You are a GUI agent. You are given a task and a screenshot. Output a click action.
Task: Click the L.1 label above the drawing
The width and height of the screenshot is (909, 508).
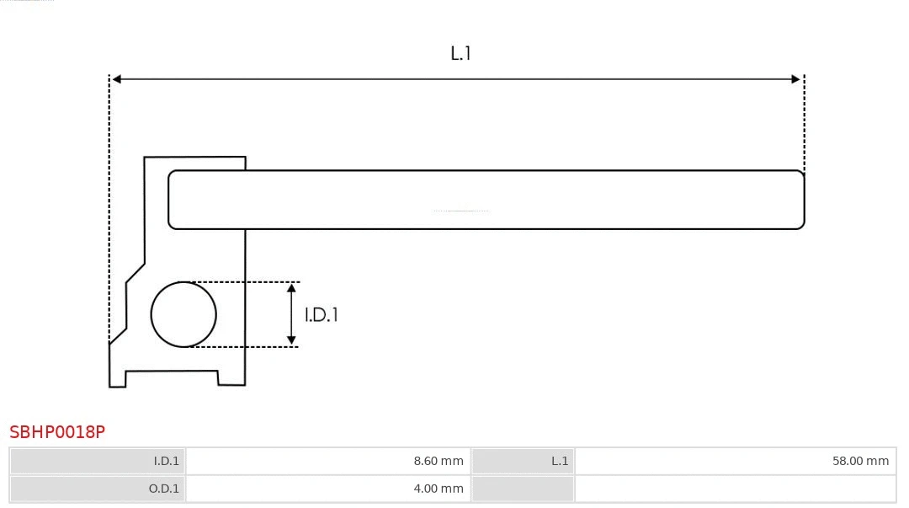tap(460, 54)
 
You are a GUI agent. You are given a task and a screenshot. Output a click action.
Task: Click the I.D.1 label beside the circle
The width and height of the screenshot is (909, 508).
tap(322, 315)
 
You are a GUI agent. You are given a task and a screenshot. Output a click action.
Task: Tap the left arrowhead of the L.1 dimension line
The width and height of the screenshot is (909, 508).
tap(117, 79)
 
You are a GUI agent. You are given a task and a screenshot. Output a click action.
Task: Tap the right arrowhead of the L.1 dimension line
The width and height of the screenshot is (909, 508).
tap(795, 79)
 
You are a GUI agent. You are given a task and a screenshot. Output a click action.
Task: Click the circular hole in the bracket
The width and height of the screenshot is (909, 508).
tap(183, 314)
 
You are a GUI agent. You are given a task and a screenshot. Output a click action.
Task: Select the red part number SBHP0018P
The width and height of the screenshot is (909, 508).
tap(57, 432)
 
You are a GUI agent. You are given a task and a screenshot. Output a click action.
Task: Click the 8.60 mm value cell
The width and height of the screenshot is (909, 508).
tap(328, 461)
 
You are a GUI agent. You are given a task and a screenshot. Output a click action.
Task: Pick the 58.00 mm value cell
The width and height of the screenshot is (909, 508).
tap(735, 461)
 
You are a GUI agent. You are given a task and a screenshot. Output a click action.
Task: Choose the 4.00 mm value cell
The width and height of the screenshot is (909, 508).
tap(328, 489)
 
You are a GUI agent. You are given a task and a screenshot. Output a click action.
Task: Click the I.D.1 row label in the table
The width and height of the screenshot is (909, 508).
tap(98, 461)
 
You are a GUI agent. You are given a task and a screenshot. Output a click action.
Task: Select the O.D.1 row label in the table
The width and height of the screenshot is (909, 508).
tap(98, 489)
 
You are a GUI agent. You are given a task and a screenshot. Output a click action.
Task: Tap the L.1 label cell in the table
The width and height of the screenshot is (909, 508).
tap(523, 461)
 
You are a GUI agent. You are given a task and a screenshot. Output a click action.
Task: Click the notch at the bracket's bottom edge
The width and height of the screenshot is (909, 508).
tap(172, 377)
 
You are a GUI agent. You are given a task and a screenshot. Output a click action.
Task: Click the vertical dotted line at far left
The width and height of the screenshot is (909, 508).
tap(109, 211)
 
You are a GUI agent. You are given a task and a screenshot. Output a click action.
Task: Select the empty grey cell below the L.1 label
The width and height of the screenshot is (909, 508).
tap(523, 489)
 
